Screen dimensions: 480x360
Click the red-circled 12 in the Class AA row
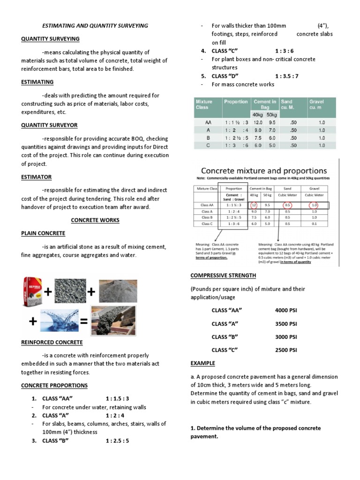point(254,205)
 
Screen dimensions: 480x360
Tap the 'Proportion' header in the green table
point(236,101)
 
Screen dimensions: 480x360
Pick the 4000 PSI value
point(286,310)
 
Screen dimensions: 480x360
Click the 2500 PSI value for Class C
point(286,350)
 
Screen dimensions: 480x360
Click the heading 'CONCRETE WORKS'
point(95,220)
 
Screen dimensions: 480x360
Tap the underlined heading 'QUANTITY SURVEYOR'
point(49,125)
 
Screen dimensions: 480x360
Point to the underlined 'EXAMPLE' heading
point(202,363)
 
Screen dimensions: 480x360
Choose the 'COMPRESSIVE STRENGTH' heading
point(223,275)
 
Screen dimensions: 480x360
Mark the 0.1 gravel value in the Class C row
point(312,224)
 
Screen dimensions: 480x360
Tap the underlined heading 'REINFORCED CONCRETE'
point(52,343)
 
